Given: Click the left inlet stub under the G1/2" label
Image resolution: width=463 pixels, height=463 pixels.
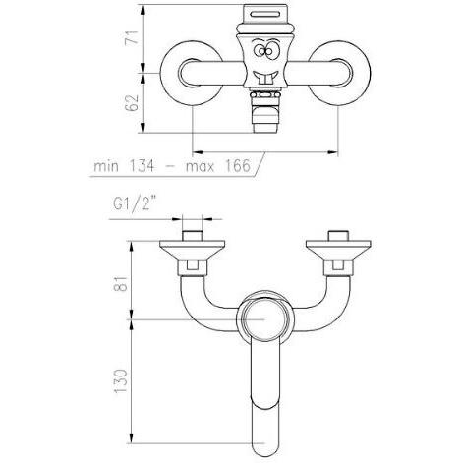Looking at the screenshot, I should click(x=192, y=233).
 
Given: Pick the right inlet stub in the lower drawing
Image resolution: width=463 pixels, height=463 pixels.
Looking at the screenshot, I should click(x=335, y=233).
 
